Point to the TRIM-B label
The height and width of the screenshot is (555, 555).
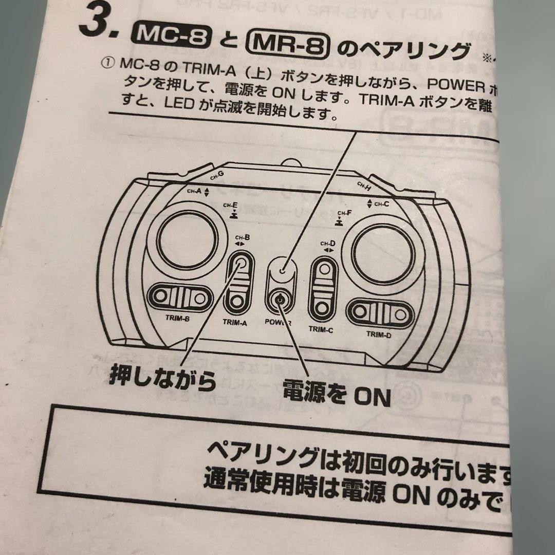pyautogui.click(x=177, y=318)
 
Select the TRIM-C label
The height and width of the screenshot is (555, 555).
pyautogui.click(x=321, y=329)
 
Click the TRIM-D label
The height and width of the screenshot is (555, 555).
pyautogui.click(x=379, y=334)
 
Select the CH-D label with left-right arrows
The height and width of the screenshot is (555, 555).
pyautogui.click(x=328, y=246)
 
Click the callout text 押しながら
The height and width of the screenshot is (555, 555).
pyautogui.click(x=161, y=380)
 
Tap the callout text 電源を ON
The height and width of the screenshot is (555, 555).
pyautogui.click(x=337, y=395)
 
